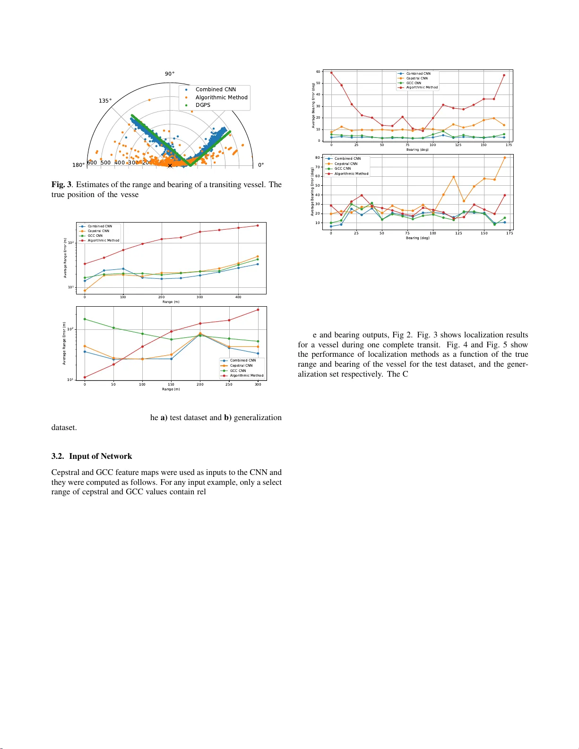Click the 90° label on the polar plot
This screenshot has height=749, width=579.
point(170,74)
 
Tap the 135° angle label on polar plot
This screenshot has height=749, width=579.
point(105,101)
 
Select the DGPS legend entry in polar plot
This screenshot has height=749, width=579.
point(203,105)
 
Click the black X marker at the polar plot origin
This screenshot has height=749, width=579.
point(170,166)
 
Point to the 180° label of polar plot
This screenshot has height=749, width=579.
point(78,165)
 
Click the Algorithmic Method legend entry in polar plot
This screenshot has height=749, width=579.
point(221,97)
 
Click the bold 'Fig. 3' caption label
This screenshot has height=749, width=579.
point(61,185)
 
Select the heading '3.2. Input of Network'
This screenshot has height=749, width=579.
point(92,456)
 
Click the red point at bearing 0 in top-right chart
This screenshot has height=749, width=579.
point(331,73)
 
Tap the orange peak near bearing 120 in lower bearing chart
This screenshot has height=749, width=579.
point(454,177)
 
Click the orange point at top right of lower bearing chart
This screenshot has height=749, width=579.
point(505,158)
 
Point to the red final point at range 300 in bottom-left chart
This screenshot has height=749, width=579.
point(258,310)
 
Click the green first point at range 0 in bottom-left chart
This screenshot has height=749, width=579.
point(85,319)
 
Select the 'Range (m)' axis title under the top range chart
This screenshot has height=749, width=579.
point(171,302)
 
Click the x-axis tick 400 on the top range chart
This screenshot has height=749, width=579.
point(238,297)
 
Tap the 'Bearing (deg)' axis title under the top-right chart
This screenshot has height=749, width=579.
point(417,150)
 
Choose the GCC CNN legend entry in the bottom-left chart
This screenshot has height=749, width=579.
point(238,371)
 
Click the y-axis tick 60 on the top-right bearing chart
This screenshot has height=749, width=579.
point(318,72)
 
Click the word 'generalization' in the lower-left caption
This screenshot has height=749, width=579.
point(258,418)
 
